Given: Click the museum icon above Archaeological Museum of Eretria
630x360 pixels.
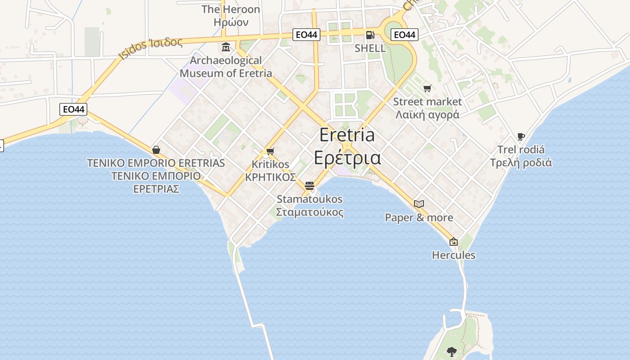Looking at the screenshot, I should click(226, 47).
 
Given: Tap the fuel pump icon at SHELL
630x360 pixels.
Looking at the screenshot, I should click(370, 35).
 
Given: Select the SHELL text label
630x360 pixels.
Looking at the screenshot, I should click(370, 48).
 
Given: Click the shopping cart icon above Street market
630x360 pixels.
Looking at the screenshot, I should click(427, 88).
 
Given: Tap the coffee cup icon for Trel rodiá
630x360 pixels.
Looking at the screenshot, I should click(521, 136).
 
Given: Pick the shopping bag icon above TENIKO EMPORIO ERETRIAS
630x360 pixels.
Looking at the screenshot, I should click(156, 150).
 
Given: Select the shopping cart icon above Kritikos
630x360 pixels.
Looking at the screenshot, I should click(270, 151).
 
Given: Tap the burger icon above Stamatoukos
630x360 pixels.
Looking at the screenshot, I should click(309, 186).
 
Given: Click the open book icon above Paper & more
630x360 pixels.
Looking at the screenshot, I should click(419, 204).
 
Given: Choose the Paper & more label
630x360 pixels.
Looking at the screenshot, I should click(419, 218).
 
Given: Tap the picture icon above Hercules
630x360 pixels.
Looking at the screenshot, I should click(454, 242).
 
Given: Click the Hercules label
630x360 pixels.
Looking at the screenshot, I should click(454, 255).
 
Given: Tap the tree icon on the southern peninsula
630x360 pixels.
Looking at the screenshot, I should click(451, 351).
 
